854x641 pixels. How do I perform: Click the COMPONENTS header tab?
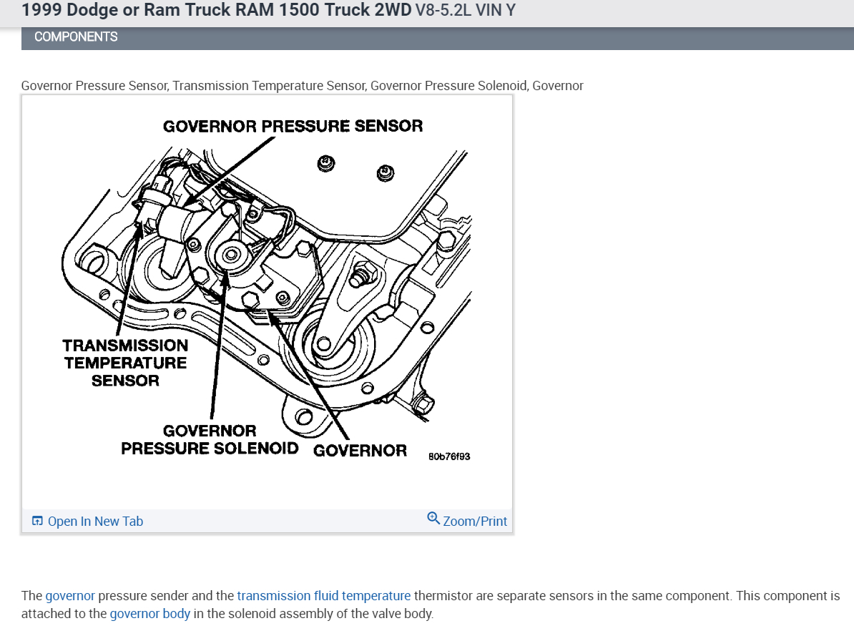pyautogui.click(x=76, y=37)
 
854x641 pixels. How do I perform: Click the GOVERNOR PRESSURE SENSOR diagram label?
pyautogui.click(x=293, y=127)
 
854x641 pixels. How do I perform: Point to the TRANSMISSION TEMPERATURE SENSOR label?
pyautogui.click(x=126, y=363)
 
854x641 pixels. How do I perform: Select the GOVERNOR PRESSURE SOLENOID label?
pyautogui.click(x=210, y=440)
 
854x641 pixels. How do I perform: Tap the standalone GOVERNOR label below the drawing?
pyautogui.click(x=360, y=451)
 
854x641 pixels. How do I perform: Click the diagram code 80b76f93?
pyautogui.click(x=449, y=456)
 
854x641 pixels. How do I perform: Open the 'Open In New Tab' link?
pyautogui.click(x=95, y=522)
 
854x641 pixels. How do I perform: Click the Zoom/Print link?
pyautogui.click(x=475, y=522)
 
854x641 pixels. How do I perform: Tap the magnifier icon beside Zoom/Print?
pyautogui.click(x=433, y=519)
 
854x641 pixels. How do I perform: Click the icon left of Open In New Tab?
pyautogui.click(x=38, y=522)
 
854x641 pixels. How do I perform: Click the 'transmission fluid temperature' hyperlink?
pyautogui.click(x=324, y=596)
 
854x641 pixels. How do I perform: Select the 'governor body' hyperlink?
pyautogui.click(x=150, y=614)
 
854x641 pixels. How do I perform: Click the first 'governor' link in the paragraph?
pyautogui.click(x=70, y=596)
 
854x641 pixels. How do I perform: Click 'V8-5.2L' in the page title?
pyautogui.click(x=441, y=11)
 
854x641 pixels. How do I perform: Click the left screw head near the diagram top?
pyautogui.click(x=325, y=163)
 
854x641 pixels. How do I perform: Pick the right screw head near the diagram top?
pyautogui.click(x=385, y=172)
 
